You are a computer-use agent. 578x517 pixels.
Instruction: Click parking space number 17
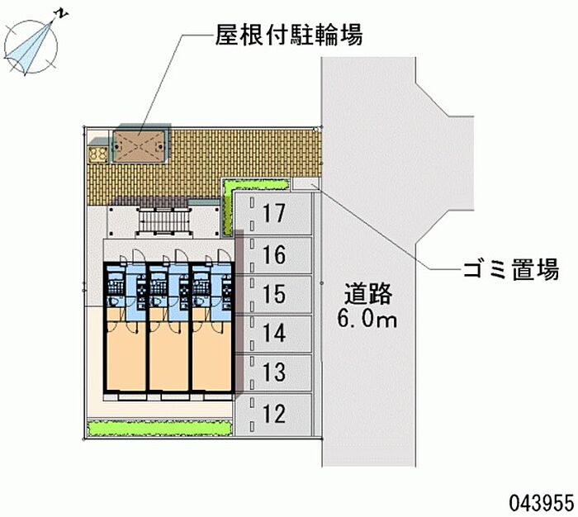tap(274, 214)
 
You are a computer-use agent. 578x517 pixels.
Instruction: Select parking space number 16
tap(274, 254)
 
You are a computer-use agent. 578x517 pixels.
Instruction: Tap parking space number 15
tap(274, 294)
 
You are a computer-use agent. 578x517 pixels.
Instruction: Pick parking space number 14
tap(274, 334)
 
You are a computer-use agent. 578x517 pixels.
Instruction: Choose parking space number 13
tap(274, 373)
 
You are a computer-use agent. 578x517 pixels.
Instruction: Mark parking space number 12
tap(274, 413)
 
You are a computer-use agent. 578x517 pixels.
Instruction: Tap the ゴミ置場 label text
tap(511, 269)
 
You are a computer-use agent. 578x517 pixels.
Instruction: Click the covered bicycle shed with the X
tap(140, 146)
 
